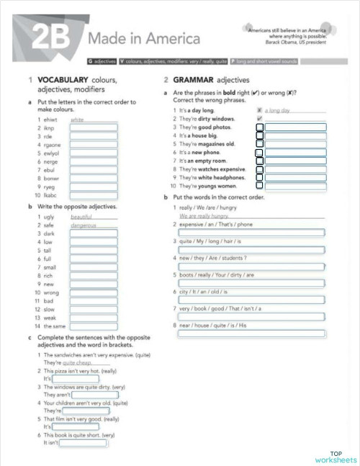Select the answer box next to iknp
tap(93, 127)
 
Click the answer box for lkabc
tap(93, 195)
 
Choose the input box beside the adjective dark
tap(93, 234)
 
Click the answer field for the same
tap(93, 326)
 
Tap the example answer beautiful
tap(84, 216)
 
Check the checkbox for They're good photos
tap(260, 127)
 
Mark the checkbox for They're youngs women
tap(260, 187)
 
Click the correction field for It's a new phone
tap(296, 153)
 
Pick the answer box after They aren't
tap(94, 395)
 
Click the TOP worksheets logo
tap(335, 457)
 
